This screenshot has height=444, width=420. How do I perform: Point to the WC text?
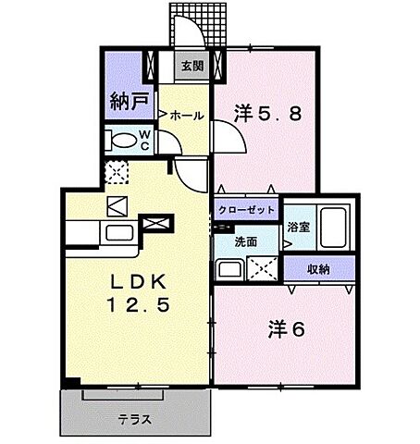pos(146,140)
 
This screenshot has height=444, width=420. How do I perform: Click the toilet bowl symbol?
pos(122,141)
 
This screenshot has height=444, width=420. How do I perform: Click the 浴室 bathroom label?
pos(297,226)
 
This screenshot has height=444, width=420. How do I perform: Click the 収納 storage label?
pos(319,269)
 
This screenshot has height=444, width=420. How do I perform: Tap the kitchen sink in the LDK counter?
pos(119,233)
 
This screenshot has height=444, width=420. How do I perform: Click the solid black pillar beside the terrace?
pos(70,382)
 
